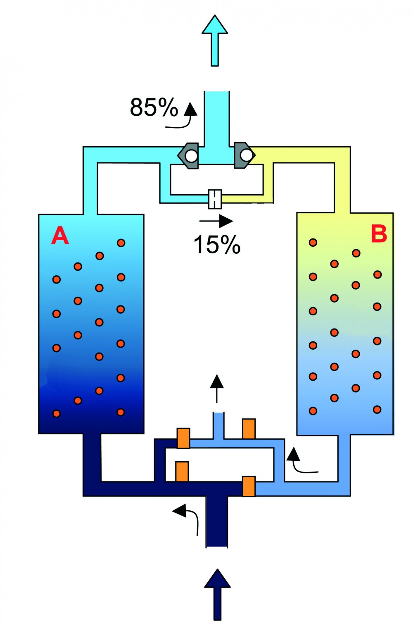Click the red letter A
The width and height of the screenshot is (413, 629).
(60, 236)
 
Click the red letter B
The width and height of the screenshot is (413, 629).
(379, 233)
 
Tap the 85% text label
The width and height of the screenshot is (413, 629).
(154, 107)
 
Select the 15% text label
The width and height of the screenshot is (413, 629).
(217, 244)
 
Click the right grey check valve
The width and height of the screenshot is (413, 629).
(244, 155)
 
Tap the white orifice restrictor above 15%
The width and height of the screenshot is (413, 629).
(215, 199)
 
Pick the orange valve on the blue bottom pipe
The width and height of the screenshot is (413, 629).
(249, 486)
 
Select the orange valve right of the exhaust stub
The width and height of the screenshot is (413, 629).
(249, 429)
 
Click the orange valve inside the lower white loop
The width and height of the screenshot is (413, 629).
(182, 472)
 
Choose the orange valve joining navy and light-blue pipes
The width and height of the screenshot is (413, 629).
(183, 438)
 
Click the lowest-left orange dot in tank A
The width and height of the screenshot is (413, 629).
(57, 413)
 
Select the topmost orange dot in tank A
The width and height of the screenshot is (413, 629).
(121, 243)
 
